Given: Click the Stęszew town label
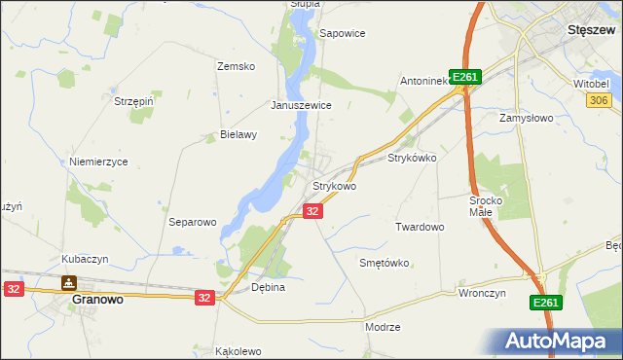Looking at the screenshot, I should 589,30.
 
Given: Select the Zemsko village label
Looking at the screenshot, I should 236,66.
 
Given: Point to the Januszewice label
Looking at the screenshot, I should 302,105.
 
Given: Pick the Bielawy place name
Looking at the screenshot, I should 238,135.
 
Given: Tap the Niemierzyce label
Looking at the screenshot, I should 98,162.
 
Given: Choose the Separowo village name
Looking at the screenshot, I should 192,222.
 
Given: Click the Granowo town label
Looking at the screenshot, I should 98,301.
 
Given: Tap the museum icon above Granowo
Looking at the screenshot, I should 69,283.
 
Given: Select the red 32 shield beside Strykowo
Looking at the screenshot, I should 312,211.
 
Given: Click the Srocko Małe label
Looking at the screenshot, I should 484,205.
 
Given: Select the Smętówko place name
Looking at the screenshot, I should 384,263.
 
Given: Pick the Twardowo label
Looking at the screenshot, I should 420,227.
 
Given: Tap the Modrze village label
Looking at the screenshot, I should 383,327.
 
